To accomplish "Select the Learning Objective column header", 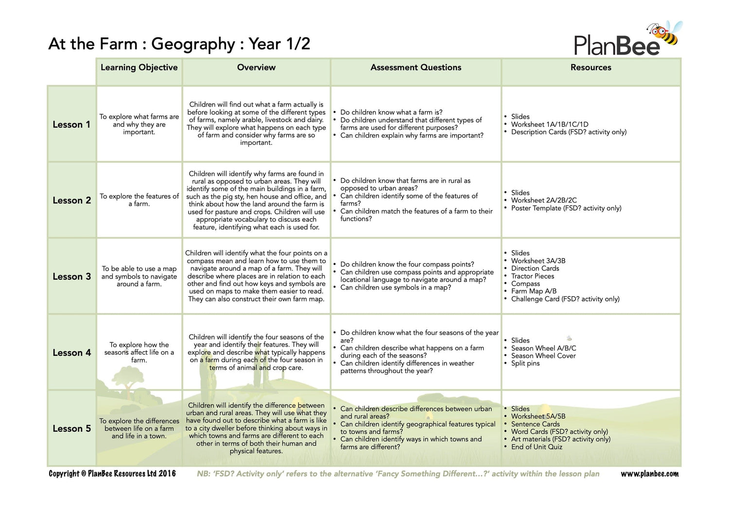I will click(x=139, y=68).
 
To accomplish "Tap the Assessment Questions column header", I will click(x=416, y=68).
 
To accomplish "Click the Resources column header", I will click(x=590, y=68).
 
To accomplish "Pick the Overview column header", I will click(x=256, y=68).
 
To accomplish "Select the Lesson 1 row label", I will click(x=71, y=125).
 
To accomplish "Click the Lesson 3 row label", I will click(x=71, y=277).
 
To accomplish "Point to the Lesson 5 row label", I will click(x=71, y=428).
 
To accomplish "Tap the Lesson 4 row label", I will click(x=71, y=353).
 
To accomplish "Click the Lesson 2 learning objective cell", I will click(x=139, y=200).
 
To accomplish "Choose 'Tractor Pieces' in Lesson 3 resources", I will click(x=532, y=276).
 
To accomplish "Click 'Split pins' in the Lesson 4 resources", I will click(x=525, y=363).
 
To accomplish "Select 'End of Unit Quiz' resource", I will click(x=537, y=447).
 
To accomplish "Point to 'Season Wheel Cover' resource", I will click(x=543, y=356).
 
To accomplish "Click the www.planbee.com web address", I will click(x=649, y=474).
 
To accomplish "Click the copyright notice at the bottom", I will click(x=112, y=474).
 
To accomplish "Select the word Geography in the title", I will click(x=193, y=44).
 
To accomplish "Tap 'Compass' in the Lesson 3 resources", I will click(x=525, y=284).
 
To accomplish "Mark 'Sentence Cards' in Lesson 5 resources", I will click(x=535, y=424).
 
